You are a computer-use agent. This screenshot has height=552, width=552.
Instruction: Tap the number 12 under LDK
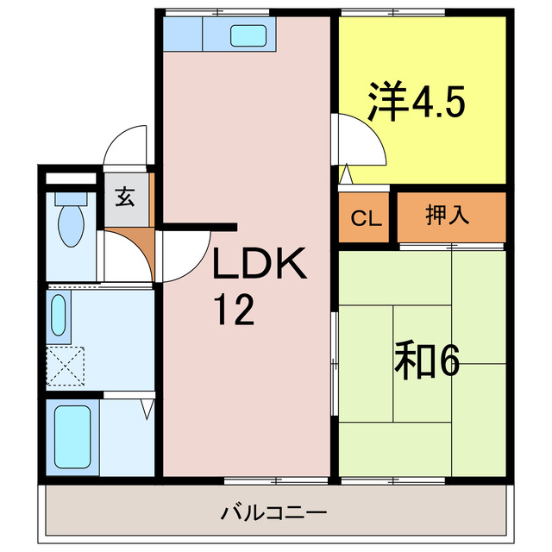235,310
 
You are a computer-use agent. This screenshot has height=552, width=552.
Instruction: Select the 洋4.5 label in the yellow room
417,102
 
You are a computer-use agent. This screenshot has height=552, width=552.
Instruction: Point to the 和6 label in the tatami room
427,361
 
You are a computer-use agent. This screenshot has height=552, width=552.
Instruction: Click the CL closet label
366,217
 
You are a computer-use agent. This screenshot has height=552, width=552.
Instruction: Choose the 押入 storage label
448,216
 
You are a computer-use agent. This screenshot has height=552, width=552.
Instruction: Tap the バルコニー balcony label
273,513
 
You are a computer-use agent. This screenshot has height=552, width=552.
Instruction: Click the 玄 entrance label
125,197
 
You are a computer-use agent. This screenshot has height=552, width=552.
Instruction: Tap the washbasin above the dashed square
58,316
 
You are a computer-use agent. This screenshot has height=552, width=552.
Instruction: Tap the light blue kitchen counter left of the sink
182,34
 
